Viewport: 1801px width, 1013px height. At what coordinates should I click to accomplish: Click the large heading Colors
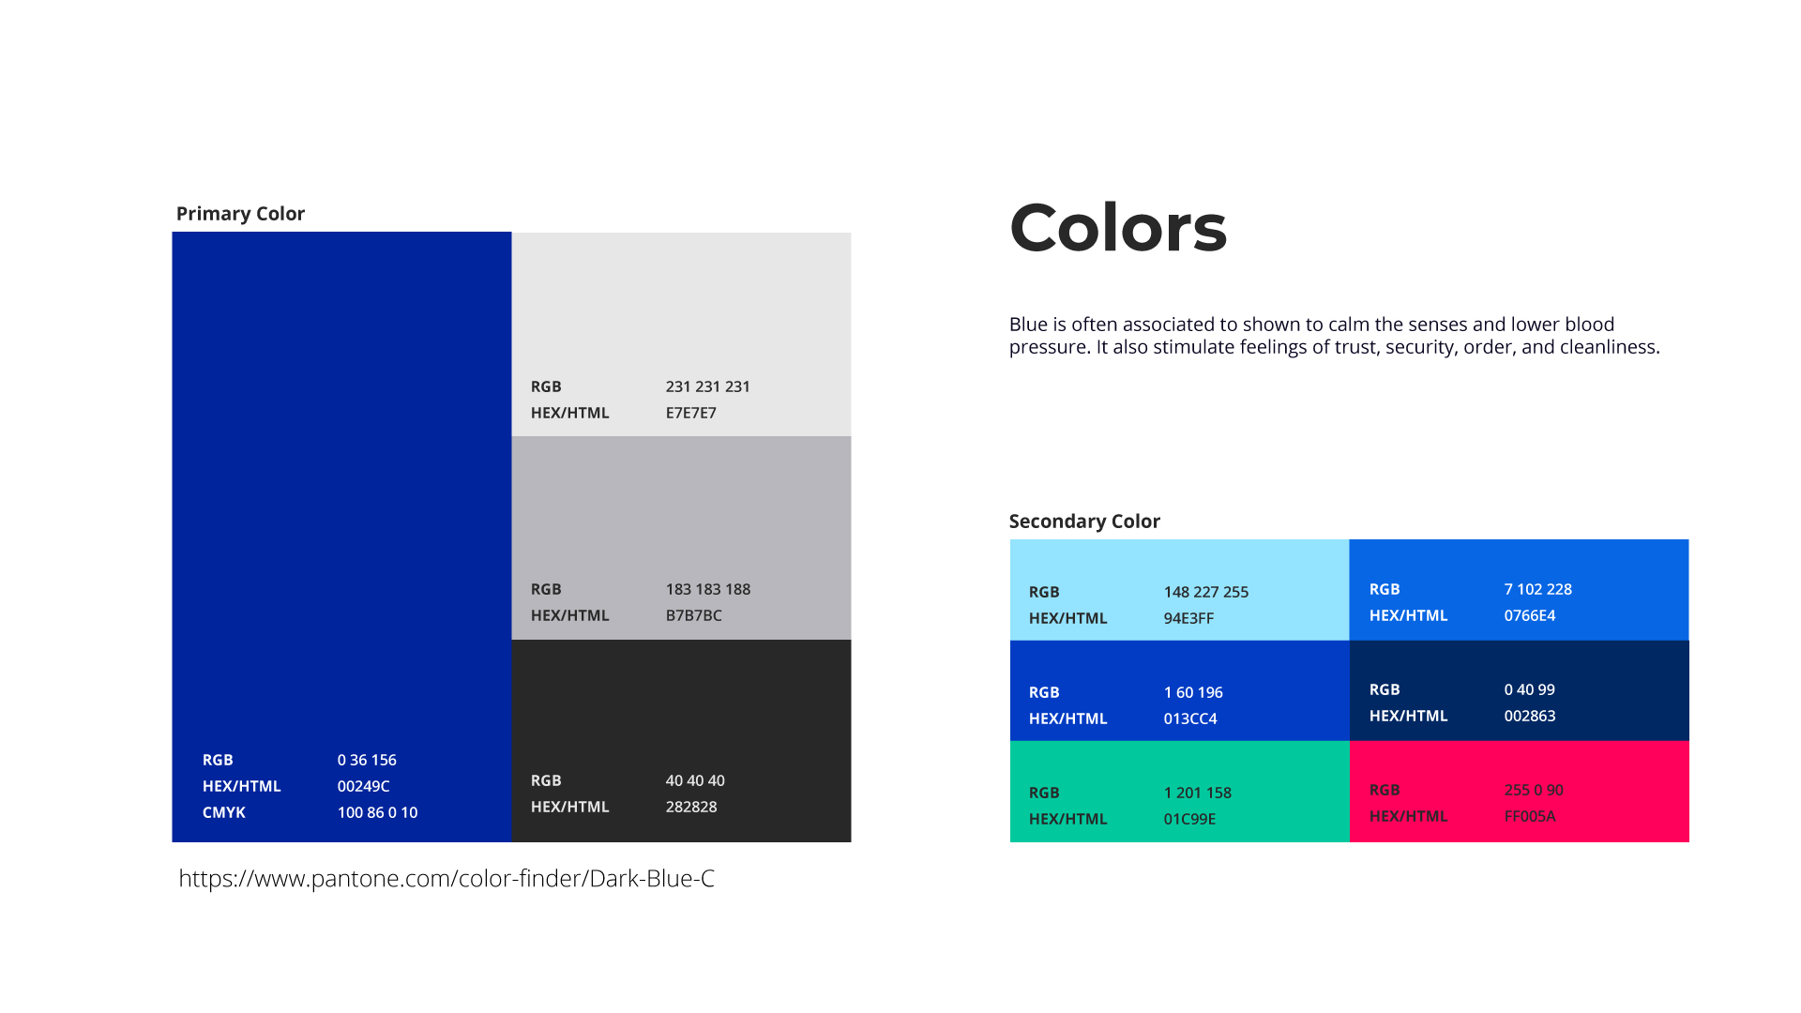(1118, 228)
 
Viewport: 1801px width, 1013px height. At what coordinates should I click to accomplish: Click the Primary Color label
(240, 214)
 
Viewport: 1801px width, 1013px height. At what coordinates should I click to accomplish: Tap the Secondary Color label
(1084, 522)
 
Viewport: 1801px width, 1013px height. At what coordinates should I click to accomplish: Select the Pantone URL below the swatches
(446, 879)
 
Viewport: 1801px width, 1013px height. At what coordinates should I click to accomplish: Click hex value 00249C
(363, 786)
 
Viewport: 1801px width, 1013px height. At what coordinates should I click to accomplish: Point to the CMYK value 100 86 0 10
(377, 812)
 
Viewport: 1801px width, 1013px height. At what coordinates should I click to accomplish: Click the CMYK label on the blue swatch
(224, 812)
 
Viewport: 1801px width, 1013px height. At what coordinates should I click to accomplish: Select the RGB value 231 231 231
(707, 386)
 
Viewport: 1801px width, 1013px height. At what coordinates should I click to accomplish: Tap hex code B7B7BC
(693, 615)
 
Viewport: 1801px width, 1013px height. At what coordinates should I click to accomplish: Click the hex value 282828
(691, 807)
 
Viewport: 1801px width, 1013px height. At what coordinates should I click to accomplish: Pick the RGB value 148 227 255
(1205, 592)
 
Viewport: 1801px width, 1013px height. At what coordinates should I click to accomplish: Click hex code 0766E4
(1529, 615)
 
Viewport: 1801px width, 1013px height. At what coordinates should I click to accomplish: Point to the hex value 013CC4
(1190, 718)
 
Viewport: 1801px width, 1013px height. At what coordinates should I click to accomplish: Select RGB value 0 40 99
(1529, 689)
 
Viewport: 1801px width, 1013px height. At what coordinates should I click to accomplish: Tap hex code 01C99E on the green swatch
(1189, 819)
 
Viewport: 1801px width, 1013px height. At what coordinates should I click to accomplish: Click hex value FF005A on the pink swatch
(1529, 816)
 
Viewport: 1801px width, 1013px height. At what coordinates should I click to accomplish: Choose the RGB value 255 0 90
(1533, 790)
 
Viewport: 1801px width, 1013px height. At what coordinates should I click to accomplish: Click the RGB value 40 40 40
(695, 780)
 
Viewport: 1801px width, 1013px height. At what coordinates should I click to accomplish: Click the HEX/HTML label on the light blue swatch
(1067, 618)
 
